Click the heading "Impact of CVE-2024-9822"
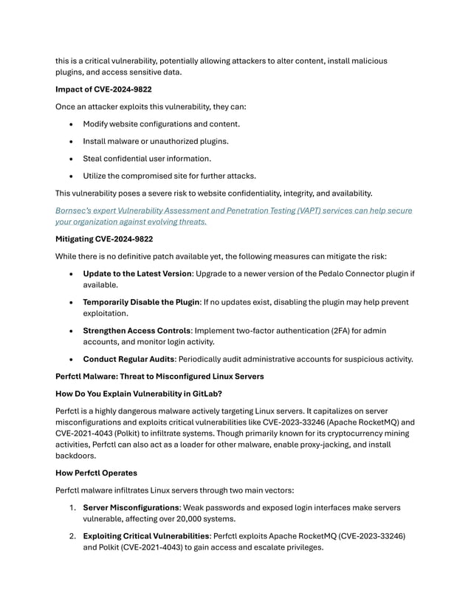point(104,89)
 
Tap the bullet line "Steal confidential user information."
point(146,158)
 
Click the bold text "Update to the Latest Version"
point(137,274)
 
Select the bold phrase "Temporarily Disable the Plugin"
point(142,302)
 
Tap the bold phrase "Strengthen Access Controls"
point(137,330)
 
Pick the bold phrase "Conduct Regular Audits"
point(129,360)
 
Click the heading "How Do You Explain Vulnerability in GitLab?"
point(146,394)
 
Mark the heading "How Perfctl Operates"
point(97,473)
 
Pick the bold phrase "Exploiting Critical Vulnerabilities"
point(145,535)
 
